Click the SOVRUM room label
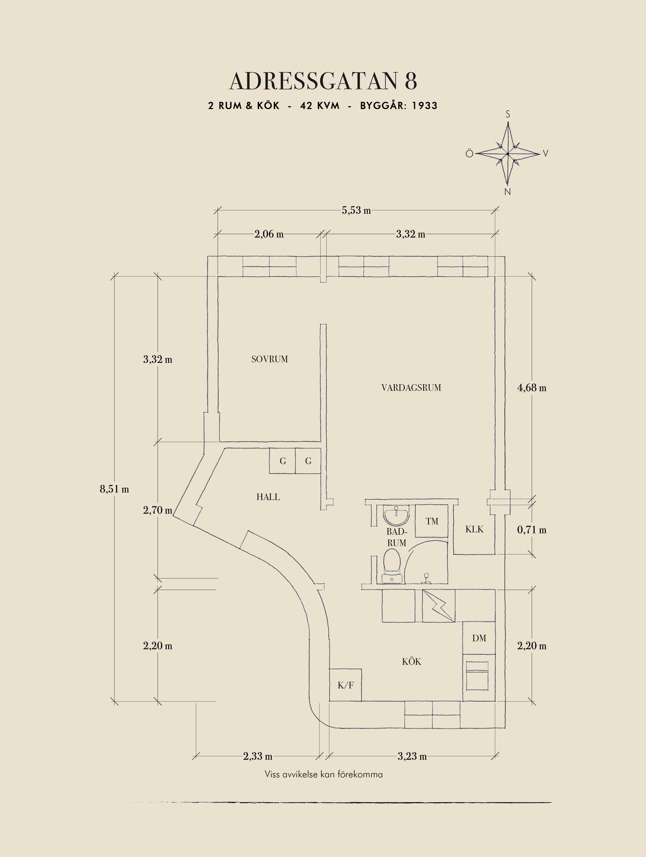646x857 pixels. tap(269, 359)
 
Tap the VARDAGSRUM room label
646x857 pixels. tap(411, 388)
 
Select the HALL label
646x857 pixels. tap(268, 497)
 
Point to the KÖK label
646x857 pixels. tap(411, 662)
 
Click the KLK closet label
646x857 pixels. tap(474, 530)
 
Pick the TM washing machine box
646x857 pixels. tap(431, 521)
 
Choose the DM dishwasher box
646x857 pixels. tap(479, 638)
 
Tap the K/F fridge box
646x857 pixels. tap(345, 685)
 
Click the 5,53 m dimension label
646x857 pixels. tap(356, 211)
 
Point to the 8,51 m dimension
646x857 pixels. tap(114, 489)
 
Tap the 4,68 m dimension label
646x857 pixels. tap(531, 388)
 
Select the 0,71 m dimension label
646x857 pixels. tap(531, 530)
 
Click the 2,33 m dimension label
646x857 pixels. tap(257, 757)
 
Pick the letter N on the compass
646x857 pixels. tap(507, 192)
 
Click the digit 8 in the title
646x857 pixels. tap(411, 81)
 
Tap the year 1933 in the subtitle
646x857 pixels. tap(424, 106)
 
